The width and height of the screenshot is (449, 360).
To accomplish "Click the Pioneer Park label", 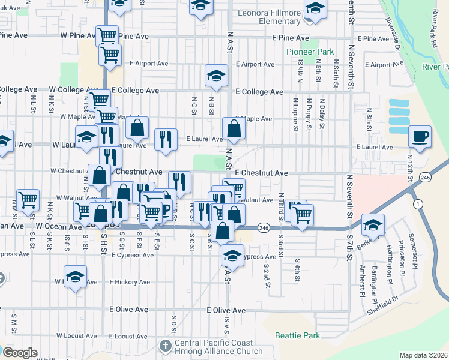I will (310, 52).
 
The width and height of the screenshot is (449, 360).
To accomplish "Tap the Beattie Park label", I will (297, 335).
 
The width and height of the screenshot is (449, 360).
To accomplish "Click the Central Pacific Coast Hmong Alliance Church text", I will (218, 347).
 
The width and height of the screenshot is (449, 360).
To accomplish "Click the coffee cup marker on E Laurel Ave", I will (420, 136).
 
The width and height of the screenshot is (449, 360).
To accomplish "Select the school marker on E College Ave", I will (216, 75).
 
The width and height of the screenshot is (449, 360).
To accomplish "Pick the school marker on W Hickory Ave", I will (75, 277).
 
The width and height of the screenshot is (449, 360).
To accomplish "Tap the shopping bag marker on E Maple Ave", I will (233, 128).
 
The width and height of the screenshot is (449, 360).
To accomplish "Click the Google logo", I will (20, 353).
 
